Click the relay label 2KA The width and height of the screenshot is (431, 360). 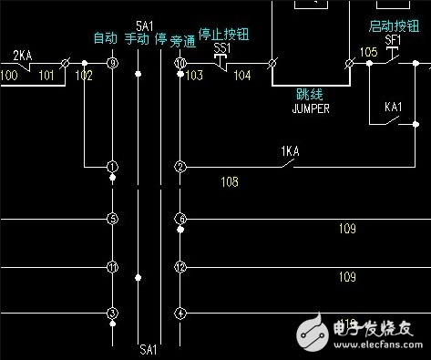[24, 56]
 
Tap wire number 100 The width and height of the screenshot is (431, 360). [9, 76]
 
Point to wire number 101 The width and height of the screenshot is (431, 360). [46, 76]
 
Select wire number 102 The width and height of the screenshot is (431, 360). [84, 76]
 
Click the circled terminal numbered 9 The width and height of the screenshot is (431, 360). [112, 64]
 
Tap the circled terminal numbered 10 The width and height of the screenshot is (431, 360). [180, 64]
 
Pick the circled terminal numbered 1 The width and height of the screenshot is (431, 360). [112, 167]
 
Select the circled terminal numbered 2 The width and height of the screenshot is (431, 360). [180, 167]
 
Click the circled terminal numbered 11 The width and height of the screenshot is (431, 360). [112, 267]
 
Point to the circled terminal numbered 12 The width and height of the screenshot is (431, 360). [180, 267]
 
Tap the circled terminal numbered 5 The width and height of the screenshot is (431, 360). [112, 219]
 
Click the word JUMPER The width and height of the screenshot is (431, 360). [310, 109]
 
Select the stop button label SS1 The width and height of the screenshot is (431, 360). [221, 46]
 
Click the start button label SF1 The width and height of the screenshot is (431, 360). [393, 41]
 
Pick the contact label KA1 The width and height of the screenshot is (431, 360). [394, 108]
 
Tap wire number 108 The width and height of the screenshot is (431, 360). [230, 182]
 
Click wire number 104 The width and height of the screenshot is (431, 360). [242, 77]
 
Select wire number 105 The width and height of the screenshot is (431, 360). [368, 53]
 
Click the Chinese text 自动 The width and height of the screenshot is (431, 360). [106, 38]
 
